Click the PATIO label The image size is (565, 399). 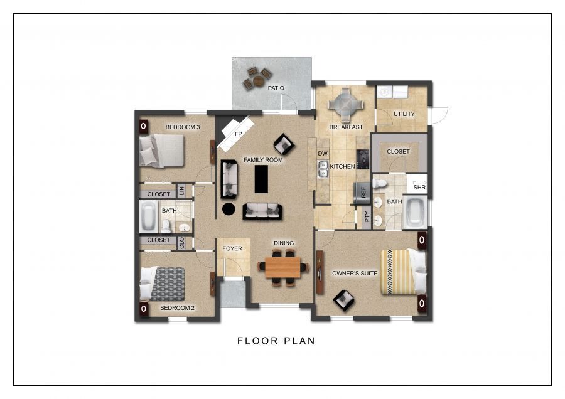pos(276,88)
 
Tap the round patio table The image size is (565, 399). pos(259,80)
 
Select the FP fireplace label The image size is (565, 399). pos(238,134)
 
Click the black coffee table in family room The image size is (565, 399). pos(261,179)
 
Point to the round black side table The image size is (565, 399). pos(229,209)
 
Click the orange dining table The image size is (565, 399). pos(282,267)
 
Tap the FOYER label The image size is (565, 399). pos(232,248)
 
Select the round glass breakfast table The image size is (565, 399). pos(345,105)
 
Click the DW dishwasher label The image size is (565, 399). pos(323,154)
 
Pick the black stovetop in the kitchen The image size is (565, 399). pos(363,159)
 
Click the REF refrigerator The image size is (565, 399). pos(362,193)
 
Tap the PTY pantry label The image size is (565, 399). pos(367,216)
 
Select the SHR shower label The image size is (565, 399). pos(419,187)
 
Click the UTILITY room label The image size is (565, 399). pos(404,114)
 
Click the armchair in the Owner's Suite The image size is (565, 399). pos(343,300)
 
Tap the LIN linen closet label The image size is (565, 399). pos(181,190)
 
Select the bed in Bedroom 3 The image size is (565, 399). pos(162,151)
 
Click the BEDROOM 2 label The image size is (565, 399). pos(177,308)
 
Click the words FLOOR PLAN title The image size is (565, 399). pos(276,341)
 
